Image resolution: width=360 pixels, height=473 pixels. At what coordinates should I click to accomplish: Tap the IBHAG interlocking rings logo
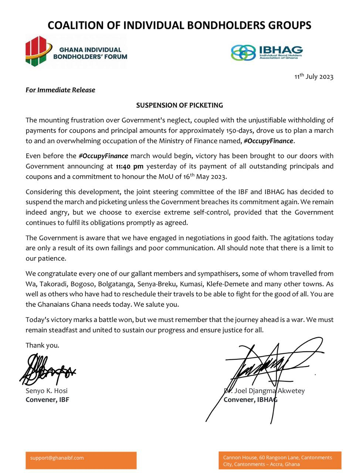click(243, 52)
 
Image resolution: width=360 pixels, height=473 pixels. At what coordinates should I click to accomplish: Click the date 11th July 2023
click(314, 77)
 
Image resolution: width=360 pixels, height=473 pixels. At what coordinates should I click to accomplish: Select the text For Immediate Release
click(60, 90)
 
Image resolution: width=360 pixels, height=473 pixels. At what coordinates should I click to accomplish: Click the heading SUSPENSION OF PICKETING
click(179, 105)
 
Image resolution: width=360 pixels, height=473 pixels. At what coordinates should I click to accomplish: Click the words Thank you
click(42, 345)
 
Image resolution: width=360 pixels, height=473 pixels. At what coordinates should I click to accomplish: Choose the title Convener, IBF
click(47, 399)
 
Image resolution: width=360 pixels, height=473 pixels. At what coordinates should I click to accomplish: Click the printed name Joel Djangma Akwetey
click(268, 391)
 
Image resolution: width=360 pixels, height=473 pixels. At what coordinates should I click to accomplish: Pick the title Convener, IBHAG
click(250, 399)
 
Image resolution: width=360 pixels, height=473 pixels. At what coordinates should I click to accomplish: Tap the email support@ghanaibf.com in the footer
click(57, 458)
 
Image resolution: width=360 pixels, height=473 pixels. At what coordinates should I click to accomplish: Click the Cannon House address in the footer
click(277, 461)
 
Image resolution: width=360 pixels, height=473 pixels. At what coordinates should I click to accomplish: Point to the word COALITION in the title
click(76, 25)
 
